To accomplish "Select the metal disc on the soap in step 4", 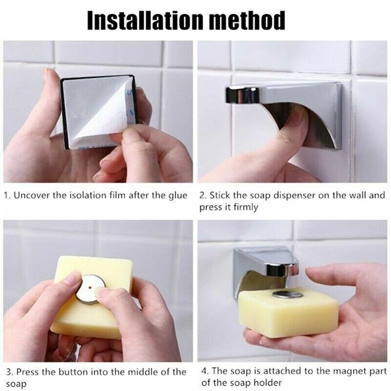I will (287, 294).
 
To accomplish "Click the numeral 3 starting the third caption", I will (7, 371).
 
